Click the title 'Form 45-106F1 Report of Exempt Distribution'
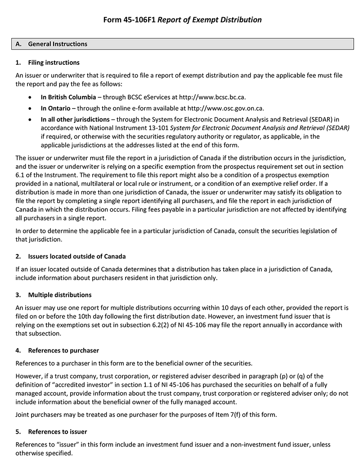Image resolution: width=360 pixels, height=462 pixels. (182, 20)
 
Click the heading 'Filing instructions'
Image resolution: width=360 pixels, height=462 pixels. (54, 63)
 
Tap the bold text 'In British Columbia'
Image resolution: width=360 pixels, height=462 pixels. (68, 97)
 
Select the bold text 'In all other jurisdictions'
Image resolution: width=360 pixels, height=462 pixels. (75, 119)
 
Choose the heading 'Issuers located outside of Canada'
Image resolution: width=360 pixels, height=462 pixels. (77, 257)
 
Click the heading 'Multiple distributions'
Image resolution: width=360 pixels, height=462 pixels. (60, 295)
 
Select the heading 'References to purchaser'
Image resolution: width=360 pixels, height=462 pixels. (63, 350)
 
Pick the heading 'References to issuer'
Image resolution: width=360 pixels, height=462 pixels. (58, 432)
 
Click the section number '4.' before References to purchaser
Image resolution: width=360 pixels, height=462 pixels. (18, 350)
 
